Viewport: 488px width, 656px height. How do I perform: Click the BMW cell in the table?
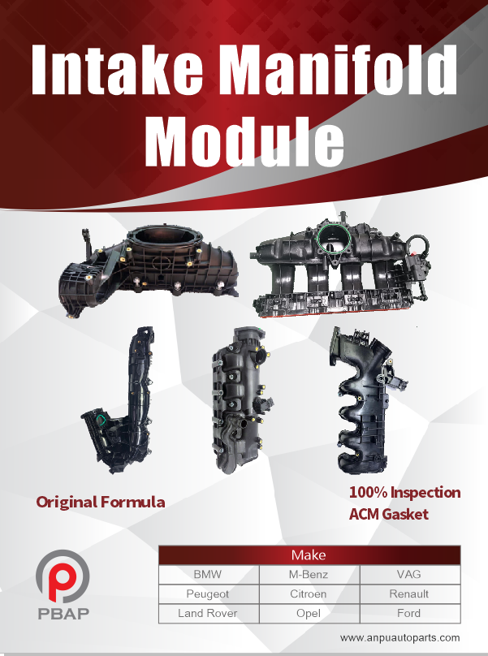[209, 575]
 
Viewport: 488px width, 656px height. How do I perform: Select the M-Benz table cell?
[309, 575]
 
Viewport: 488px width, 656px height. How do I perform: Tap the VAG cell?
[410, 575]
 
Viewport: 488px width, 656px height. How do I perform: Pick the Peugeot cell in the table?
[209, 593]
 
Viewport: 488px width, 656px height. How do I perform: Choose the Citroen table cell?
[309, 593]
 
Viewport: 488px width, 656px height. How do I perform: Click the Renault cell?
[410, 593]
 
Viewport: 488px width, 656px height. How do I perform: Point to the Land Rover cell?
[209, 613]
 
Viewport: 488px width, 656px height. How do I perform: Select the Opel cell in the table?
[309, 613]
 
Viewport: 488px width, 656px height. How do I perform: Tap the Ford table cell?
[410, 613]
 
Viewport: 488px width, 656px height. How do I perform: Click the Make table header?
[309, 555]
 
